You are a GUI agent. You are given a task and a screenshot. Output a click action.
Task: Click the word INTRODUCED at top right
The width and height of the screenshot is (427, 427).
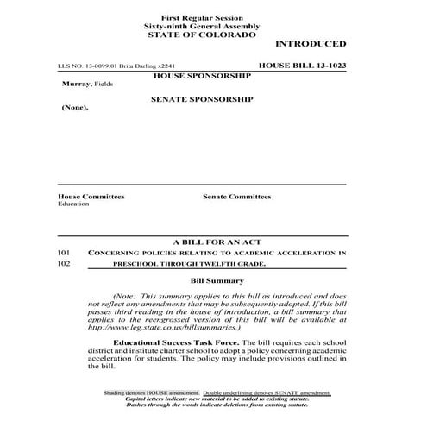(x=311, y=44)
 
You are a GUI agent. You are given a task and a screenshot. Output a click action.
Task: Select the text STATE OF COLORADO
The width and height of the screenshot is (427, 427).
(x=201, y=35)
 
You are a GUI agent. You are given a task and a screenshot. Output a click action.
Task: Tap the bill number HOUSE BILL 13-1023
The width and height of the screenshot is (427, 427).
(x=302, y=66)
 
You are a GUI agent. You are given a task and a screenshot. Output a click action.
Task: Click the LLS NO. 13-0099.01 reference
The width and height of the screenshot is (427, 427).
(x=85, y=66)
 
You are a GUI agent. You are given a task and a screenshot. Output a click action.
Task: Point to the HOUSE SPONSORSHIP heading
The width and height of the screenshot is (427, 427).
(x=201, y=76)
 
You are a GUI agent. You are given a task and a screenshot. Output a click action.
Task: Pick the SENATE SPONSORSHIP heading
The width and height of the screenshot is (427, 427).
(x=201, y=100)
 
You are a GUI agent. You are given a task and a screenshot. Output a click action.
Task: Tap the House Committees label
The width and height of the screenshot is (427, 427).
(x=91, y=197)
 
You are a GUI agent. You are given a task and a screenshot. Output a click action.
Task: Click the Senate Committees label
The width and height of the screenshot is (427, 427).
(x=236, y=197)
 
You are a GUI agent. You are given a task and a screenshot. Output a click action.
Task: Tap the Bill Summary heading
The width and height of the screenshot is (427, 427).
(x=212, y=281)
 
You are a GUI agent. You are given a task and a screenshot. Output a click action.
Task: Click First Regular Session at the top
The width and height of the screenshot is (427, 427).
(x=201, y=18)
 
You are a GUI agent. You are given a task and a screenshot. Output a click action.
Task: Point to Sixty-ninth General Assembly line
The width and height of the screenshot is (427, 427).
(x=201, y=26)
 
